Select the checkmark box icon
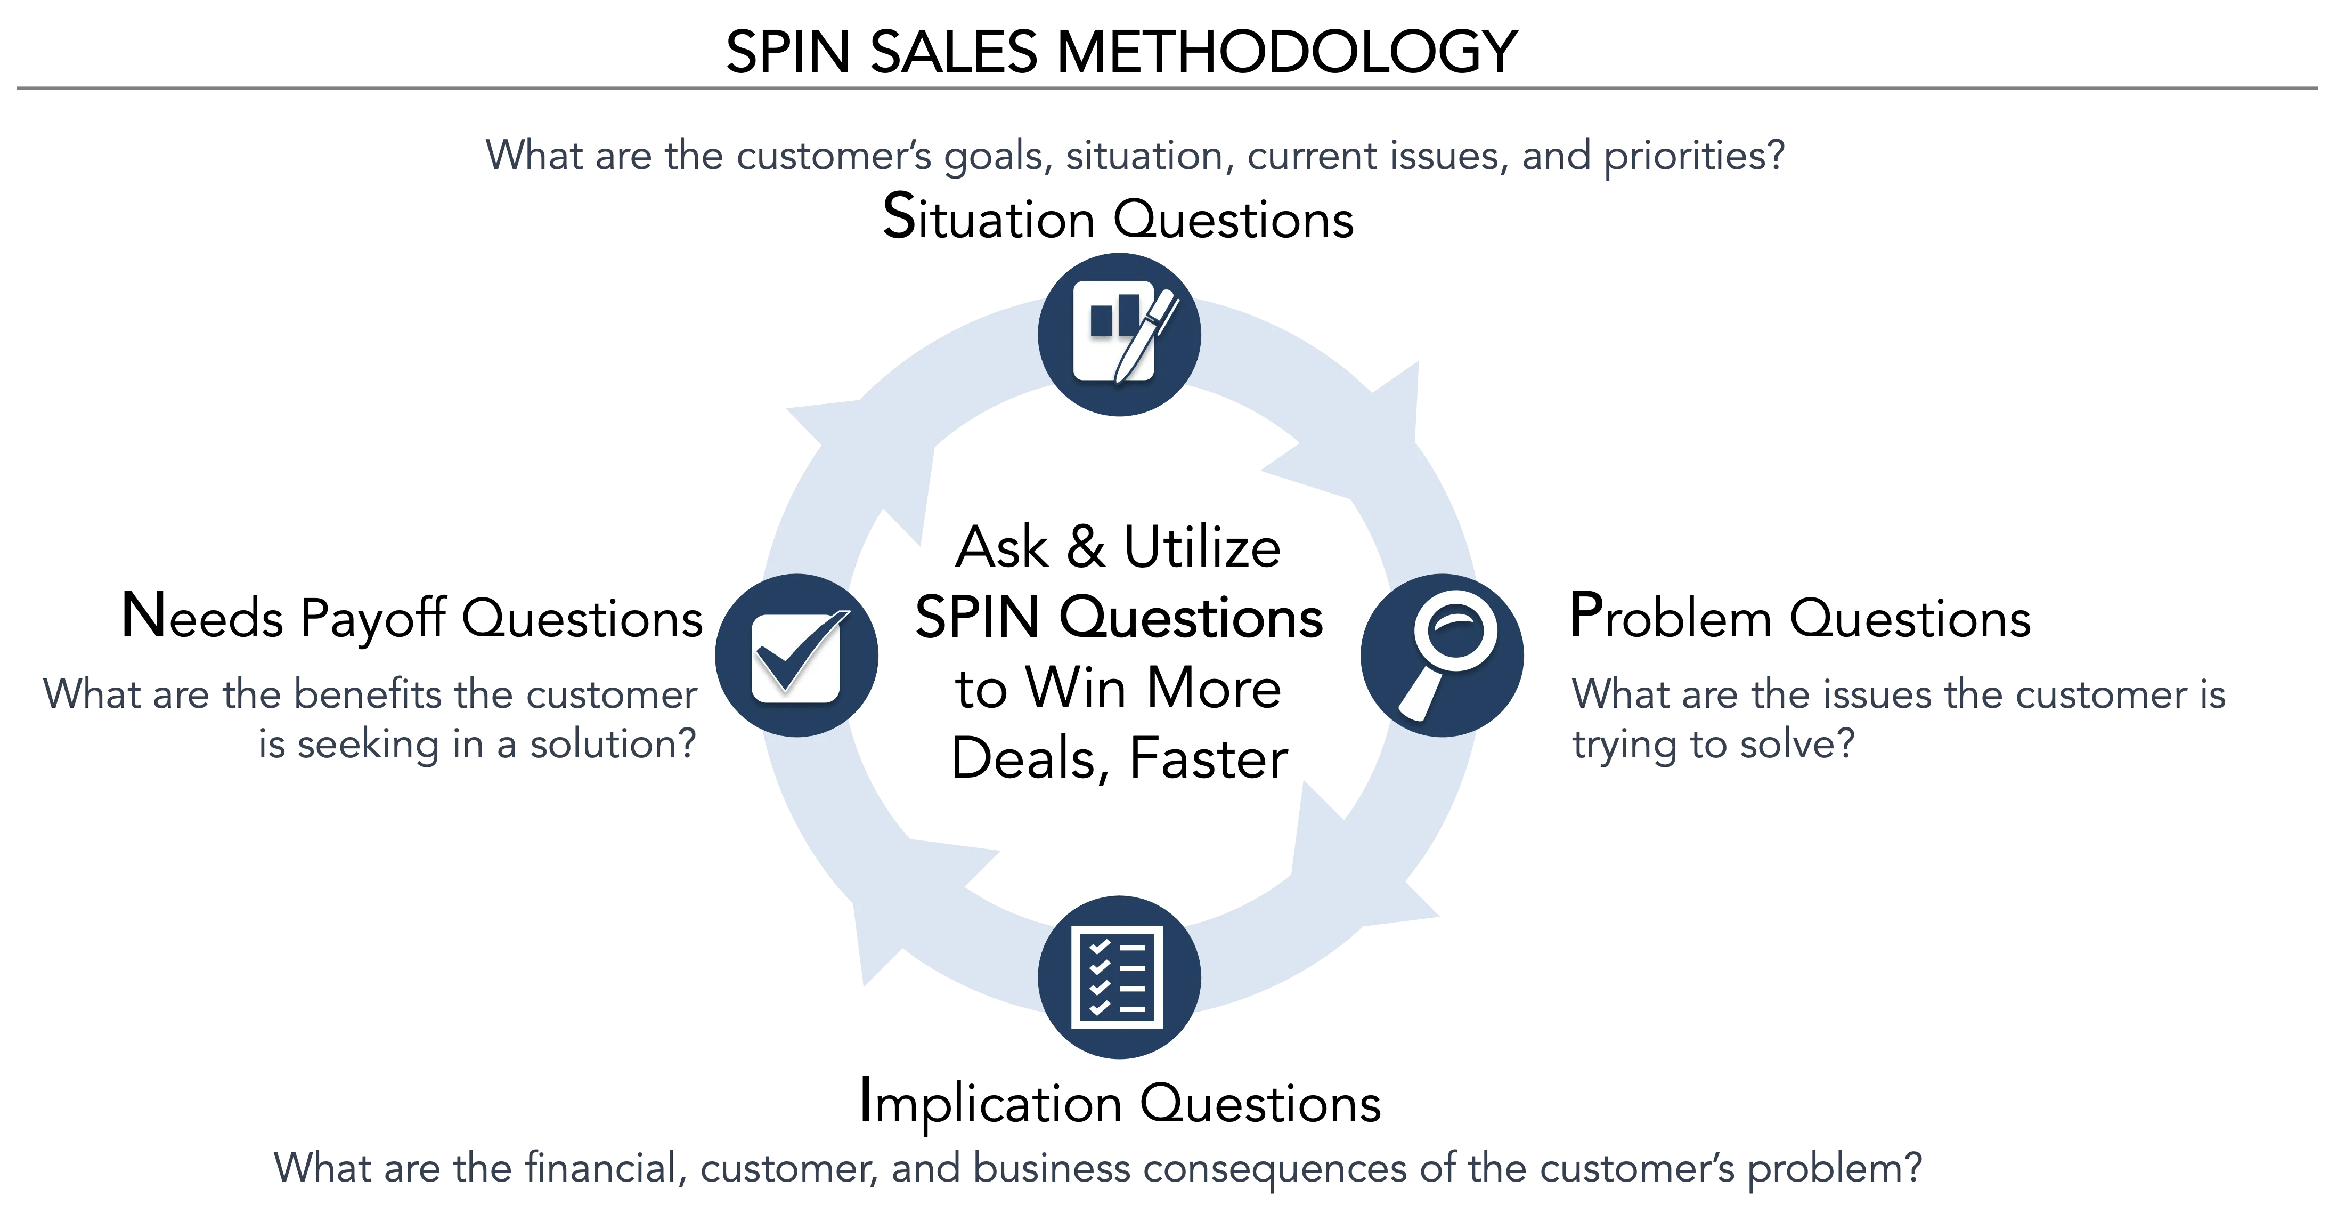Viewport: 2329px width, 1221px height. pyautogui.click(x=796, y=656)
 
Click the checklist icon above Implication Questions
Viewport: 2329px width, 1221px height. pyautogui.click(x=1118, y=977)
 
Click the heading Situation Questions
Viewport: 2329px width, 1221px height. pyautogui.click(x=1118, y=219)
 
